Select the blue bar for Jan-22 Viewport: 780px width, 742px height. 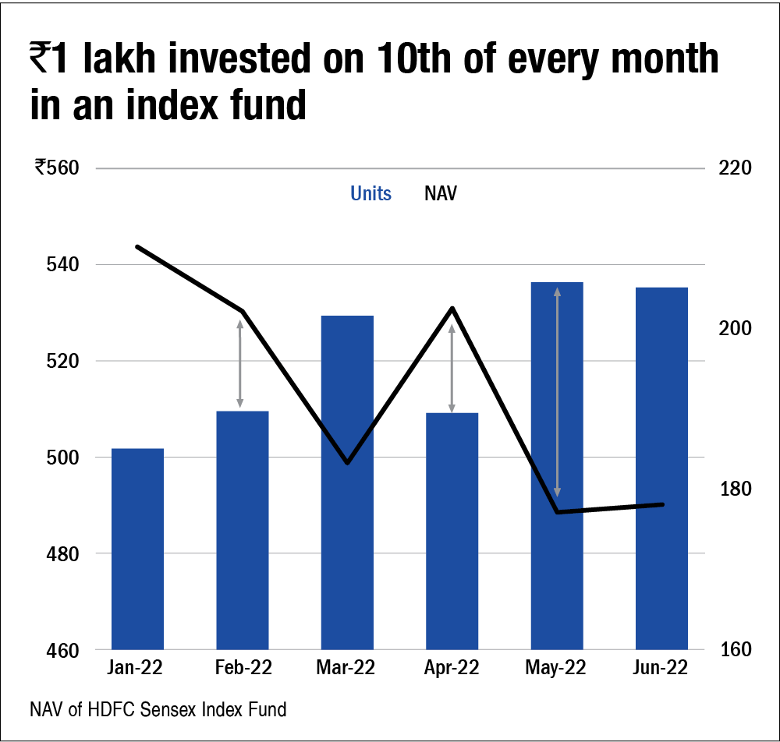137,549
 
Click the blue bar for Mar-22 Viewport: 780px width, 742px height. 347,482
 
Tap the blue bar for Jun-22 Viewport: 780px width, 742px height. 661,468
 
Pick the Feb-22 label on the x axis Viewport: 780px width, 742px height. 242,669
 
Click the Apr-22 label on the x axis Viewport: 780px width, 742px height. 452,669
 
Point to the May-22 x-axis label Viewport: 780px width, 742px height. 556,669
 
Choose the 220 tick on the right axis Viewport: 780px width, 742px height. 734,168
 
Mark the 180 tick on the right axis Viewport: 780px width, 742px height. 734,489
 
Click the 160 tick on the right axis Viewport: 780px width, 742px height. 734,650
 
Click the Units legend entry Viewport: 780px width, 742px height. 370,194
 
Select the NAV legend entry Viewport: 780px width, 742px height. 441,194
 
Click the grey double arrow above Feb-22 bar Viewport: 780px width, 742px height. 240,363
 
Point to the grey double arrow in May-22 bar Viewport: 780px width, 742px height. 557,392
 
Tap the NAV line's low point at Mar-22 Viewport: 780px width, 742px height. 347,462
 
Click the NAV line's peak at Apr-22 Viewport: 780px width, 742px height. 452,309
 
